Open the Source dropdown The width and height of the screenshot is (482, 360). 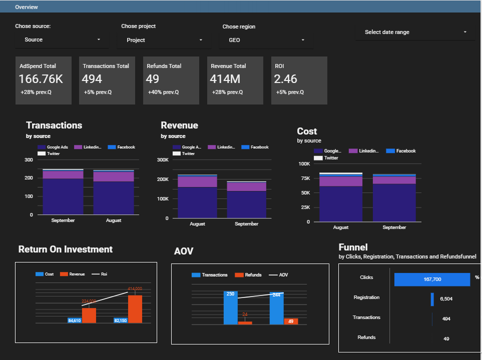pos(62,39)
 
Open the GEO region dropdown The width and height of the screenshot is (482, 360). pos(266,40)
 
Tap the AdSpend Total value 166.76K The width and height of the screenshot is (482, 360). pos(41,79)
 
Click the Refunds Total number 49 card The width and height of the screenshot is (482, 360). pos(152,79)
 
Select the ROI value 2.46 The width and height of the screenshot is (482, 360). pos(286,79)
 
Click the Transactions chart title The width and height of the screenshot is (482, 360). pos(54,125)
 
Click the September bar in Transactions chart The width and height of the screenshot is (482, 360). pos(63,195)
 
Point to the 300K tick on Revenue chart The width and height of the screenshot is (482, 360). pos(163,160)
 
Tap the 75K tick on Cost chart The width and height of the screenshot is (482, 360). pos(304,178)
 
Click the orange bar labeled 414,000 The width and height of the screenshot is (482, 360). pos(135,309)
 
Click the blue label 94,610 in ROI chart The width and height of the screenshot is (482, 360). pos(75,320)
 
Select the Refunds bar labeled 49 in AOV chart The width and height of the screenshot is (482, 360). pos(291,321)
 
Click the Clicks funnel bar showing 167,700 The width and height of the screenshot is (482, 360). pos(432,279)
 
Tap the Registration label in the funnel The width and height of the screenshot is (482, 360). pos(366,297)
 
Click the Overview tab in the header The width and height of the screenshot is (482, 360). pos(26,7)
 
